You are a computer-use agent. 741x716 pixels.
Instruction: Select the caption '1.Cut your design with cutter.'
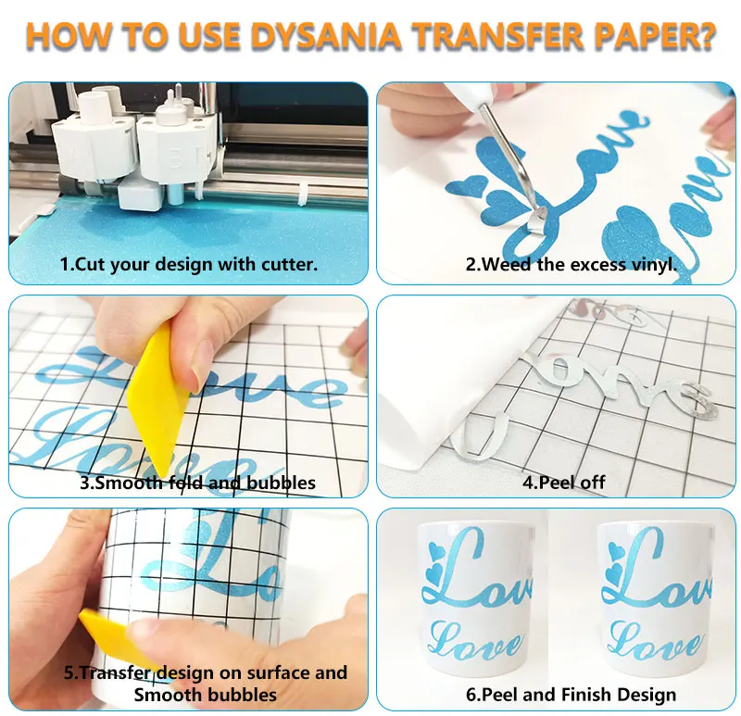click(x=189, y=264)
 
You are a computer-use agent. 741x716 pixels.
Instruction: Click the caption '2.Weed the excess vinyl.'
click(x=571, y=264)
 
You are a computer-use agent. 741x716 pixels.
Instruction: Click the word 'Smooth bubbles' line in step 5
click(x=206, y=694)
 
